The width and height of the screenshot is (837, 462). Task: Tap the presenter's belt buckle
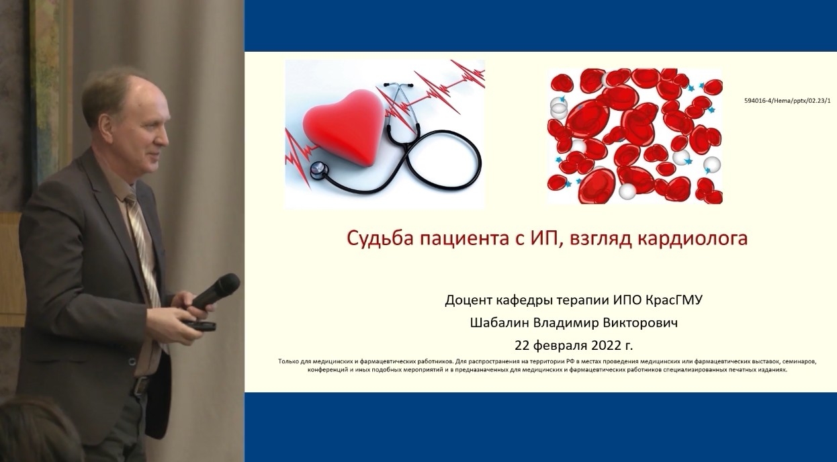click(x=142, y=385)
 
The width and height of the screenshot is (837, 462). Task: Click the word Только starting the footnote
click(x=288, y=361)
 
